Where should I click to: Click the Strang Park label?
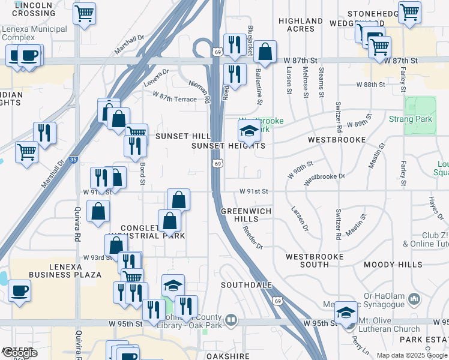point(411,119)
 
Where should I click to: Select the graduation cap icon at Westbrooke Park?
point(250,132)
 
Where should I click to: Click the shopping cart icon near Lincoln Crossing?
point(84,13)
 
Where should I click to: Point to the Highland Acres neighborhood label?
point(297,25)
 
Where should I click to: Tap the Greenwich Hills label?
point(246,215)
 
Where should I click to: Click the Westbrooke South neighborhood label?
point(315,260)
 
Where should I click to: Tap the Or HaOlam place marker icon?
point(413,298)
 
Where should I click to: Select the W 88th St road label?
point(370,85)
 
